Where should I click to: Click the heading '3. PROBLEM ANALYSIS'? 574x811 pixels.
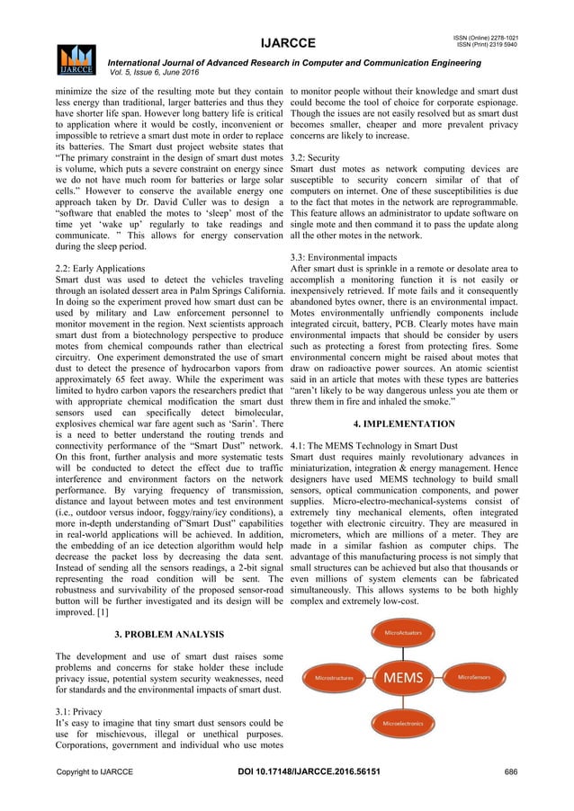[x=169, y=636]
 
